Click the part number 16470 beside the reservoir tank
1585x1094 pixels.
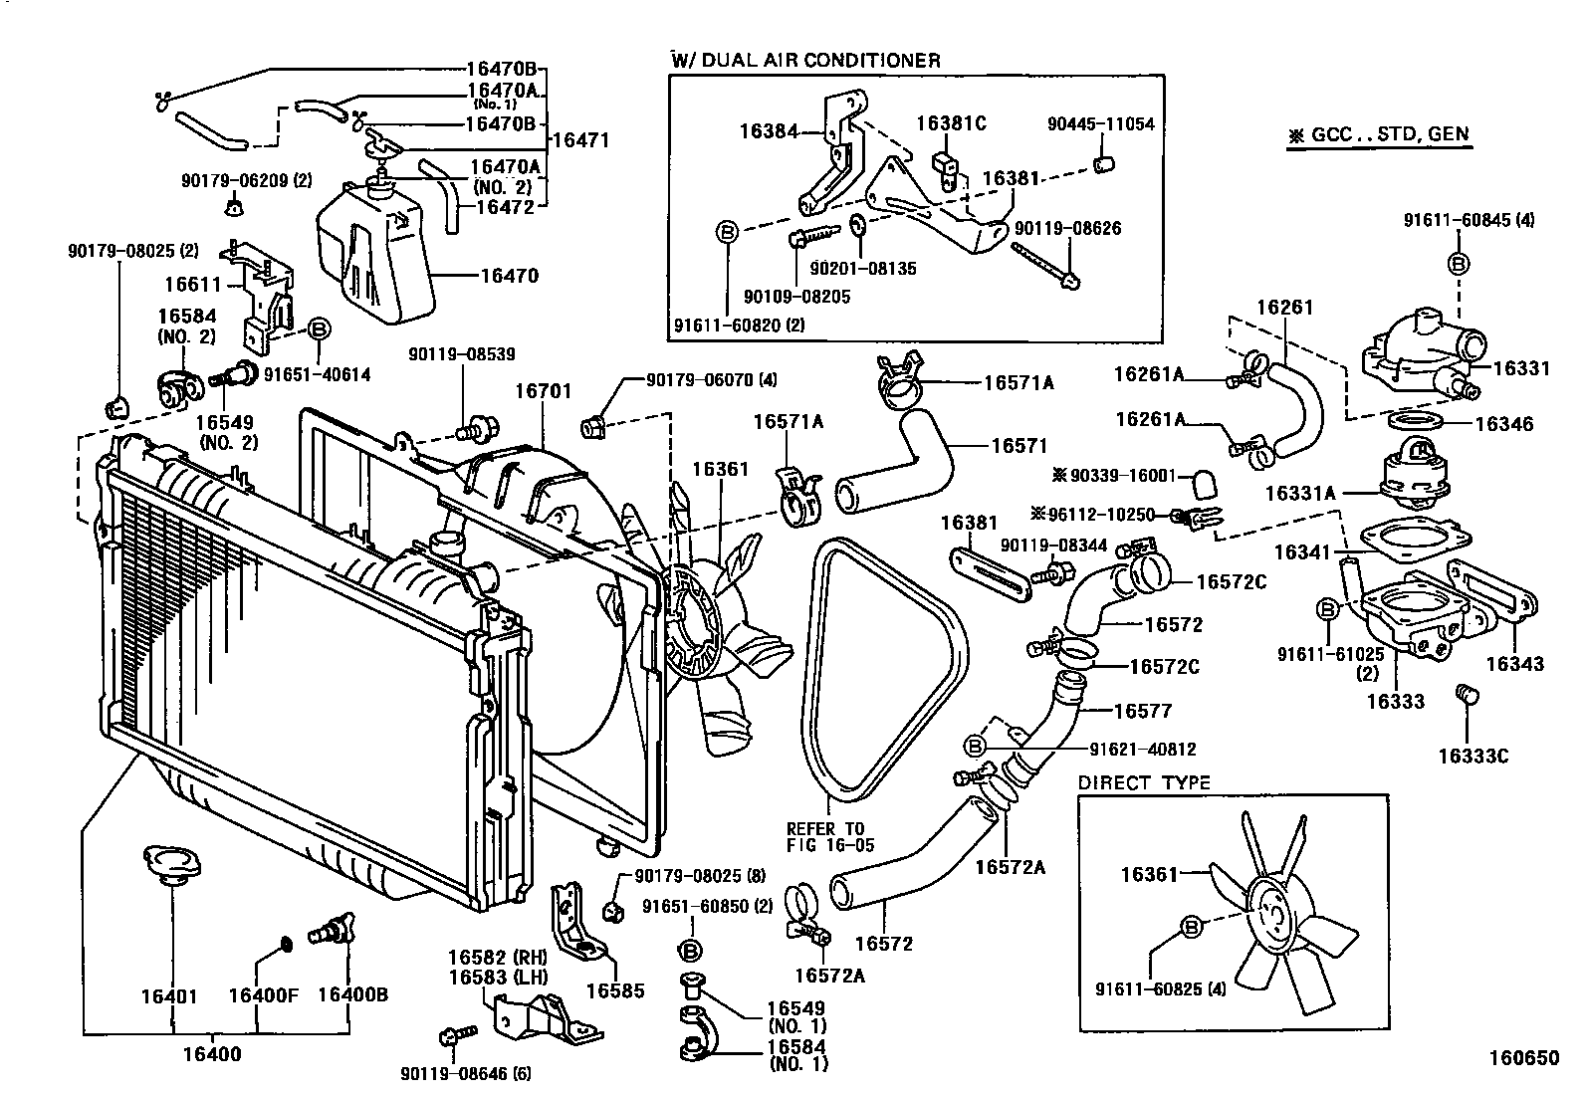pos(509,276)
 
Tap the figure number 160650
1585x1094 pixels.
pos(1523,1058)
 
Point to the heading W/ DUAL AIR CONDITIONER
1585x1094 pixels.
pos(805,61)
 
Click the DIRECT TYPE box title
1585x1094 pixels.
pos(1144,783)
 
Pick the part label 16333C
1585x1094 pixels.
pos(1472,756)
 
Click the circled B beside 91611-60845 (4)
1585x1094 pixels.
pos(1458,264)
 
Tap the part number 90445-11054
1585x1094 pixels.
pos(1100,124)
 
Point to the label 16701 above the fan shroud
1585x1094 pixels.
pos(543,391)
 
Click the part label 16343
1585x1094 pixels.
pos(1514,663)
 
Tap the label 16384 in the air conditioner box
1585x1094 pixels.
pos(769,130)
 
